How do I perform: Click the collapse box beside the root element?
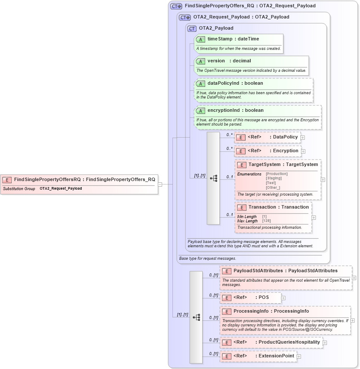click(x=160, y=184)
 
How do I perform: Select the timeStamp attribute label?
click(x=219, y=39)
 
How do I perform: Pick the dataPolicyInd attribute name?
click(x=223, y=83)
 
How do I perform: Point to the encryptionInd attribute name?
click(x=223, y=111)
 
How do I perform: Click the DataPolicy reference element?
click(x=285, y=137)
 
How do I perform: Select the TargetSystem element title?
click(x=265, y=165)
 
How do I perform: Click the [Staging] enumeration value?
click(x=274, y=178)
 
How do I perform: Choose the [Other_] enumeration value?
click(x=273, y=188)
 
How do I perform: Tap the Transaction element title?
click(x=264, y=207)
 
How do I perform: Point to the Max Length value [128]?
click(x=267, y=221)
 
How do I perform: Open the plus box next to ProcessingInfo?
click(x=353, y=320)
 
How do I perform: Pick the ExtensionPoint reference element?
click(x=276, y=356)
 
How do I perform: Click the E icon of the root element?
click(x=7, y=180)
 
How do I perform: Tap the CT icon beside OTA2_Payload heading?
click(x=192, y=28)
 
